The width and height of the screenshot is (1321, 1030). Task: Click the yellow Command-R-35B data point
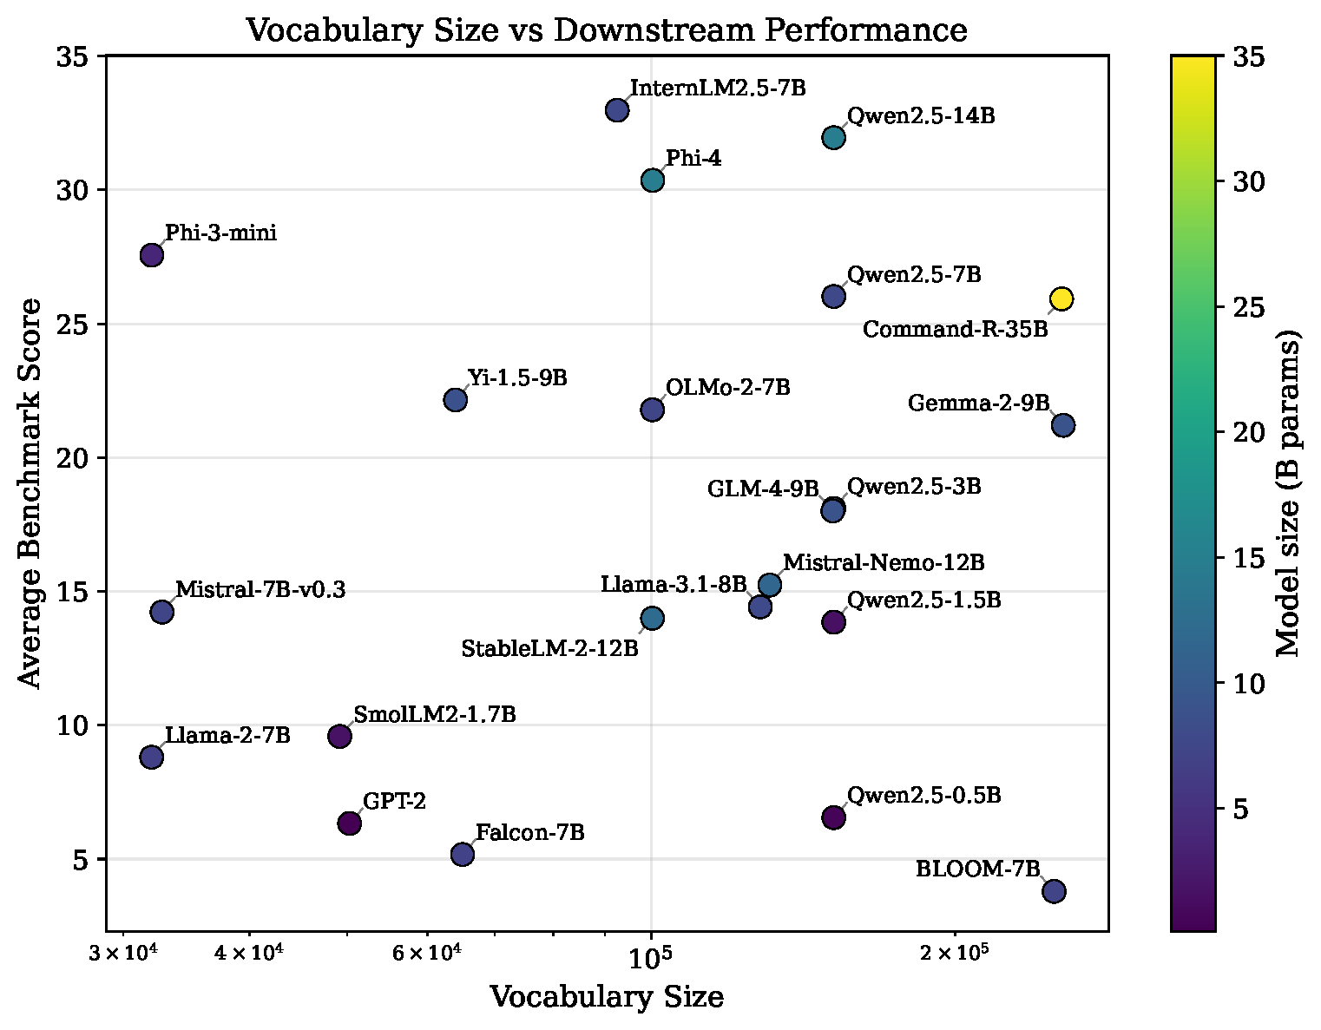(x=1061, y=299)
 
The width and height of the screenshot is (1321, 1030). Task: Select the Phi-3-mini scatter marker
(x=151, y=255)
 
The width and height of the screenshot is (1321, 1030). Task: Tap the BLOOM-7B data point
(x=1055, y=891)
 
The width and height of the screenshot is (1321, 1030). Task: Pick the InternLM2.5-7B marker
(x=617, y=110)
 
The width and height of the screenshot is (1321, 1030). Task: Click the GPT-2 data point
(x=350, y=823)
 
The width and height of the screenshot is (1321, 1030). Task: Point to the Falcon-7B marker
(x=463, y=855)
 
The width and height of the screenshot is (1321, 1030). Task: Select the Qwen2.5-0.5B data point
(x=833, y=817)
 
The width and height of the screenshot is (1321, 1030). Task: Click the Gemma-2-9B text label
(x=979, y=403)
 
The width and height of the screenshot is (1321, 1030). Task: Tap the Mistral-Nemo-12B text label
(x=884, y=562)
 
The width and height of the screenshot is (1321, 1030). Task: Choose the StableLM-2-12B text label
(x=550, y=648)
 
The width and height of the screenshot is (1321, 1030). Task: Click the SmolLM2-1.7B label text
(x=435, y=714)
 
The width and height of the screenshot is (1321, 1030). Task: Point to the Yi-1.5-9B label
(x=517, y=378)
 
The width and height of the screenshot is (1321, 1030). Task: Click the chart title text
(x=606, y=30)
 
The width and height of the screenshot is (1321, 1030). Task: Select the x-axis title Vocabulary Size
(x=607, y=997)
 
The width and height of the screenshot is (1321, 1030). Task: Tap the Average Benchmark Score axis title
(x=29, y=493)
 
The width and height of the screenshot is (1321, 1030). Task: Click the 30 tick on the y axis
(x=72, y=190)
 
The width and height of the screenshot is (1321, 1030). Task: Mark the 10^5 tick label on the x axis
(x=650, y=958)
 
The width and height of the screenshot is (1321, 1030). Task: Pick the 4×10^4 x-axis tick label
(x=248, y=953)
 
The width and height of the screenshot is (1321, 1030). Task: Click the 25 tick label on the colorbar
(x=1249, y=307)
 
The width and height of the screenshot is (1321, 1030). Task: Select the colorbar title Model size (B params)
(x=1287, y=493)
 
